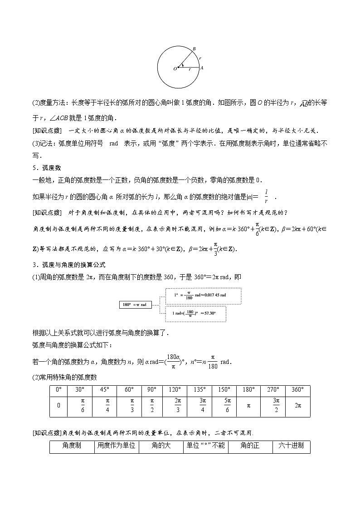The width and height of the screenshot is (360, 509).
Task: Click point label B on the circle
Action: click(194, 49)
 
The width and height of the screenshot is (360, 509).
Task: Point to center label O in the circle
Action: click(175, 69)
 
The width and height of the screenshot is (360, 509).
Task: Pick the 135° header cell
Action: click(203, 390)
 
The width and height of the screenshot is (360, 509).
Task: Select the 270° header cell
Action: click(276, 390)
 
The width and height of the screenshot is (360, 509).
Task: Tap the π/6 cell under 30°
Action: click(83, 405)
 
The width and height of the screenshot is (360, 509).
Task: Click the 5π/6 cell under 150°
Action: click(228, 405)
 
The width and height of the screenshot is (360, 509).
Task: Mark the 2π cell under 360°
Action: click(298, 405)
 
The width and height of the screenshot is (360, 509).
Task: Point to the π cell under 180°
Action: click(248, 405)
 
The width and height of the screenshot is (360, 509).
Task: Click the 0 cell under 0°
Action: click(59, 405)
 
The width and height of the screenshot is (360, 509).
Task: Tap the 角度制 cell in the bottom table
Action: click(72, 446)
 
